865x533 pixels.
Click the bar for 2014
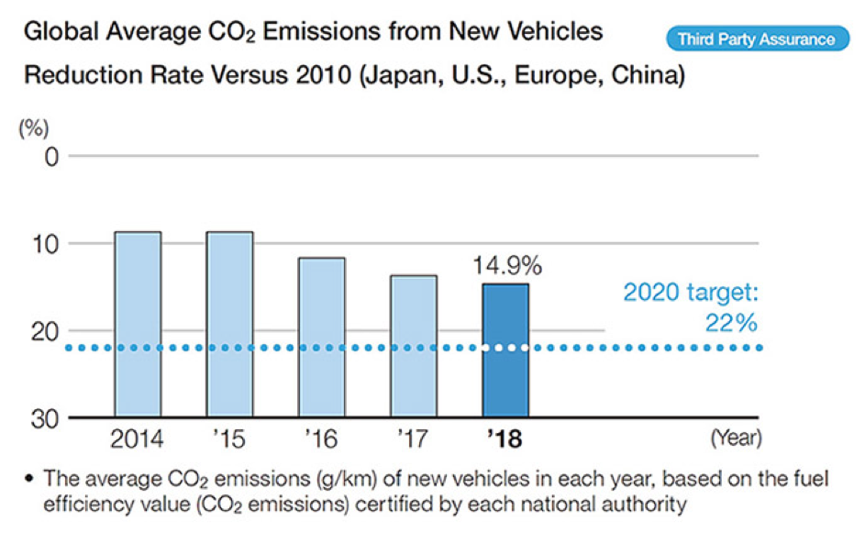click(138, 325)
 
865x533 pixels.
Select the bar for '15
click(229, 325)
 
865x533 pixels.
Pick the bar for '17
click(413, 346)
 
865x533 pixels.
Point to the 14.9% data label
click(507, 266)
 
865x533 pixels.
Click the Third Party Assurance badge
click(757, 39)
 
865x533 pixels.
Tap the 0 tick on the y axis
click(50, 157)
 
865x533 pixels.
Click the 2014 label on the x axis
click(138, 440)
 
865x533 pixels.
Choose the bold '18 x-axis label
click(505, 440)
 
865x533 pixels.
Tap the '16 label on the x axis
click(323, 440)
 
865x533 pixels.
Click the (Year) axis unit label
click(736, 440)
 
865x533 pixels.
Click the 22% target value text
click(730, 323)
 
